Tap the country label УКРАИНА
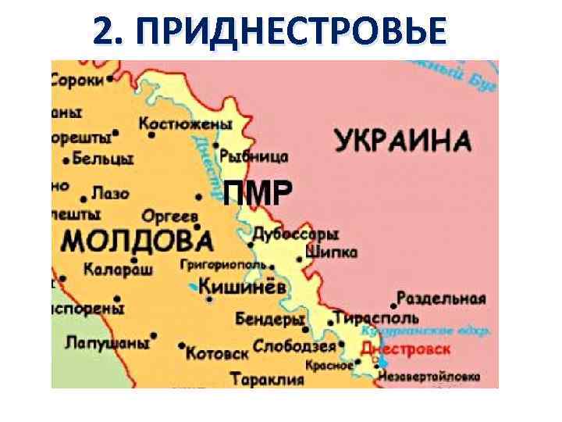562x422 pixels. pos(404,142)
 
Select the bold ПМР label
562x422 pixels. pos(258,191)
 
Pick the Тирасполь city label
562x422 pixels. pos(376,318)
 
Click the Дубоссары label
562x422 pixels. pos(296,234)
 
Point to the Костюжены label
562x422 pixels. pos(186,123)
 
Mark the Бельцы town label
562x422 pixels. pos(102,159)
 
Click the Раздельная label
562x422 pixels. pos(441,298)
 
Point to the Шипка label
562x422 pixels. pos(333,252)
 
